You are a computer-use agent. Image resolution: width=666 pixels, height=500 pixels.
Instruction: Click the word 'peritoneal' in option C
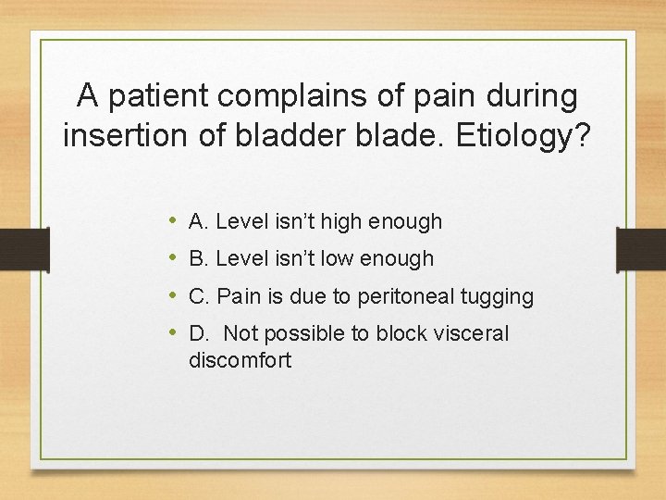click(x=402, y=297)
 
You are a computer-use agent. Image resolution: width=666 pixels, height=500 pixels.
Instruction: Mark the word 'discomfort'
click(x=240, y=359)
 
